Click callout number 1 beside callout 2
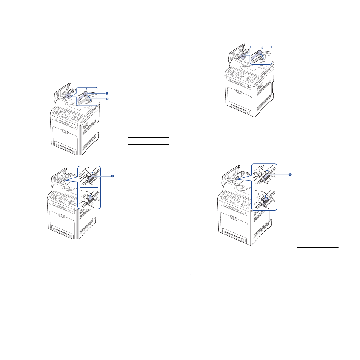(x=107, y=93)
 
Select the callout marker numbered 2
(x=107, y=99)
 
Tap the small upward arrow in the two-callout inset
(x=86, y=89)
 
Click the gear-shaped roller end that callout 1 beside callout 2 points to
(x=85, y=93)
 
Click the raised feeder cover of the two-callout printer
(x=61, y=91)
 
